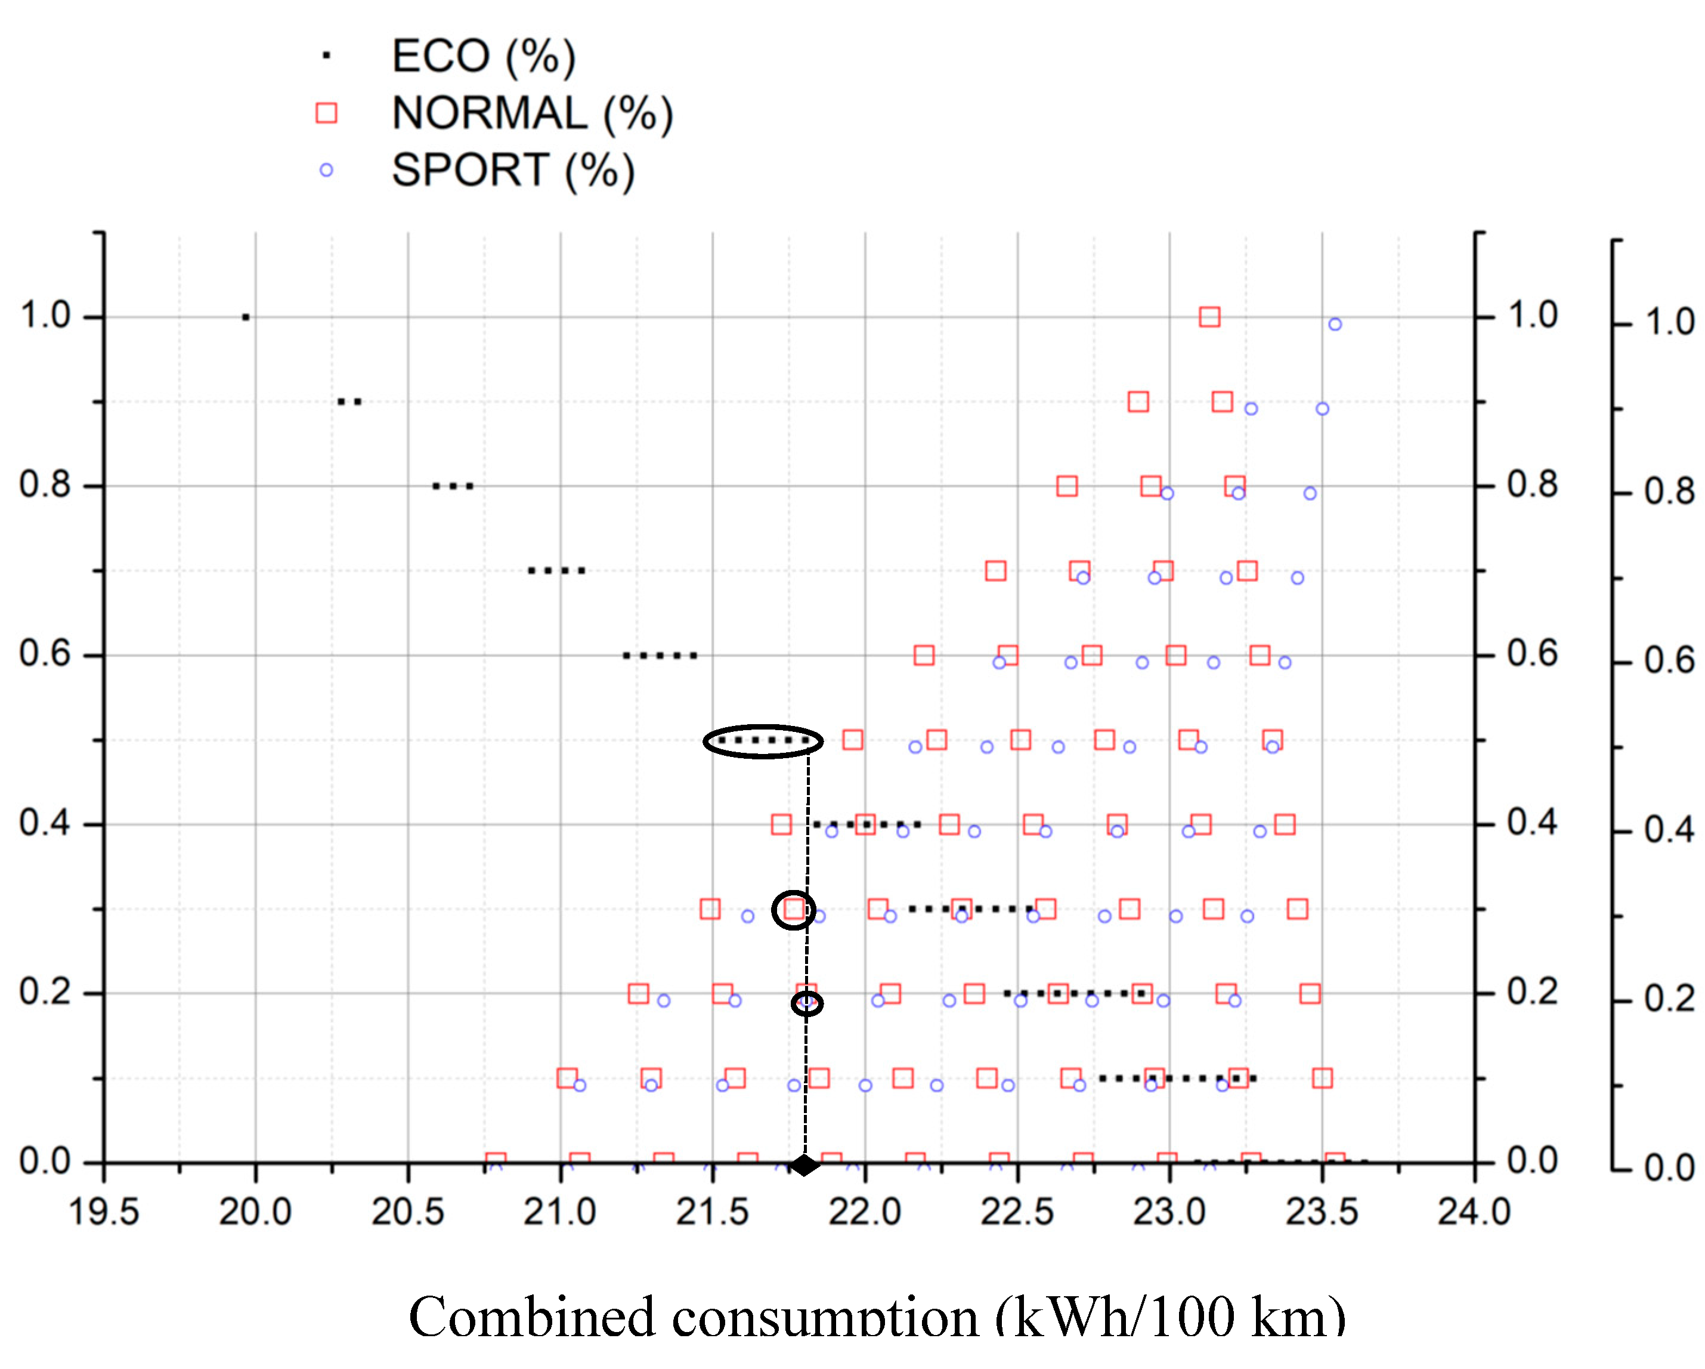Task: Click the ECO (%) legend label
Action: coord(483,56)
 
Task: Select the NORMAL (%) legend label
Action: coord(532,113)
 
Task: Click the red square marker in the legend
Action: coord(326,113)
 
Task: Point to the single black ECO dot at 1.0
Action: coord(246,317)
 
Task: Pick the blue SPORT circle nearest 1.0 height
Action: coord(1335,325)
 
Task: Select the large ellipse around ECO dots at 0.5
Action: coord(763,741)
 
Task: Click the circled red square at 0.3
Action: coord(794,910)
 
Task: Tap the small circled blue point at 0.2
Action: coord(807,1003)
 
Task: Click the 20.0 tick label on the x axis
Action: coord(255,1212)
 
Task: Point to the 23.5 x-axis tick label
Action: coord(1322,1212)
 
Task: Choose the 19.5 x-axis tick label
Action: coord(104,1212)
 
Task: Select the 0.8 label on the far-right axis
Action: coord(1669,492)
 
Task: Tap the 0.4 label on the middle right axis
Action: coord(1532,823)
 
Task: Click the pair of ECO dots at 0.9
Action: coord(349,402)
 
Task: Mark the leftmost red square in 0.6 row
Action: coord(924,655)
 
